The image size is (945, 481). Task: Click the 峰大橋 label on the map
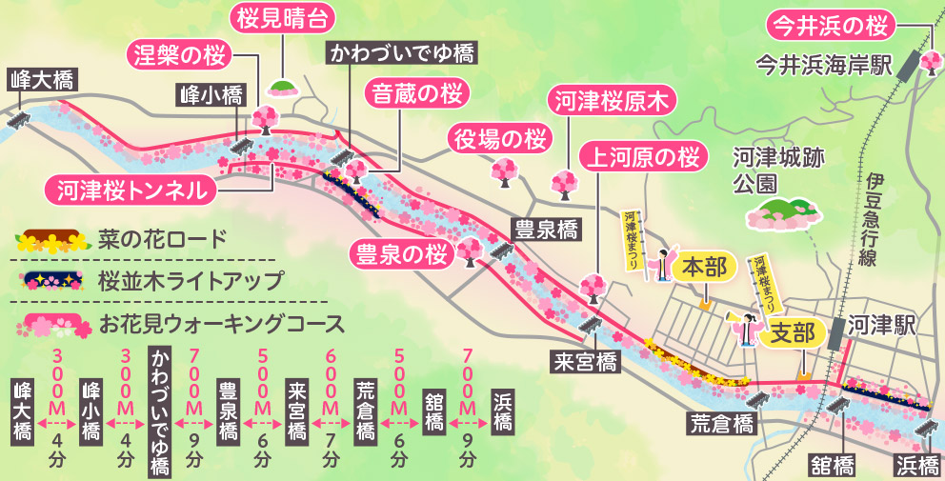point(41,79)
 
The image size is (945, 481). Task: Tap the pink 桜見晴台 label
point(282,18)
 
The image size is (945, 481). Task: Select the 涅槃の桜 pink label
point(177,54)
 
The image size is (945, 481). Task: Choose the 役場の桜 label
point(500,138)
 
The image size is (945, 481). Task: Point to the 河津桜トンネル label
point(131,189)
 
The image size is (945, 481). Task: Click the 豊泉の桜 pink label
point(401,253)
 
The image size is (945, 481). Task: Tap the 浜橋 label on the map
point(917,464)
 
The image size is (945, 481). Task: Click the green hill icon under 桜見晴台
point(282,89)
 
